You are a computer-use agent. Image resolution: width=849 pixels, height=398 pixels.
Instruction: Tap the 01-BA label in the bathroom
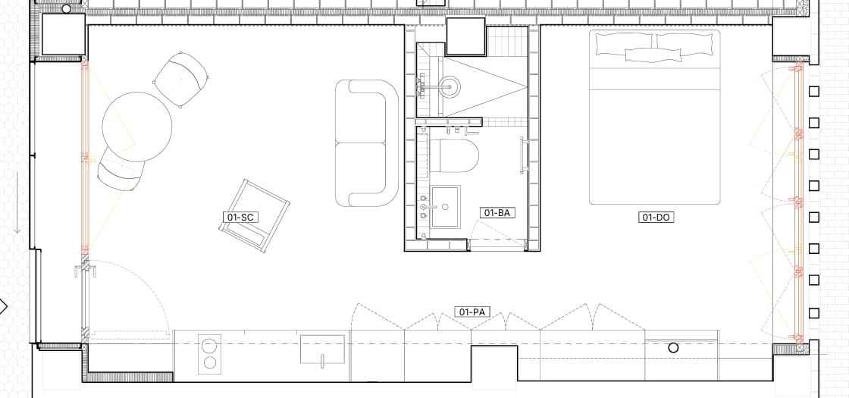point(497,213)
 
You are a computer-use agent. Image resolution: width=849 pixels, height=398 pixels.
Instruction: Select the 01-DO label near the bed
point(656,218)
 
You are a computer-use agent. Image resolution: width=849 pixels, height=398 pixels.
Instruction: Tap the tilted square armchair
point(254,216)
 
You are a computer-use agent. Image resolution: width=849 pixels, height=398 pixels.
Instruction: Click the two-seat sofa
point(367,143)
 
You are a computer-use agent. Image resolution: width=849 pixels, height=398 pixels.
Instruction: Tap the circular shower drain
point(450,86)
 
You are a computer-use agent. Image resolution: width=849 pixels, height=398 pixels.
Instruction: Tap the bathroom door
point(497,243)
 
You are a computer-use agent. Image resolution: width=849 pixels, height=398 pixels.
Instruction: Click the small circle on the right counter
point(673,348)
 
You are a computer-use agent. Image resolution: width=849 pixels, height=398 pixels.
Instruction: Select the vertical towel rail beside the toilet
point(522,155)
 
